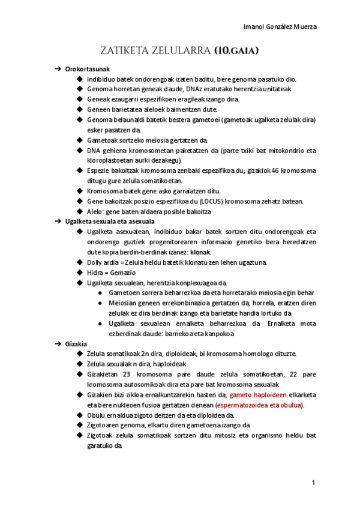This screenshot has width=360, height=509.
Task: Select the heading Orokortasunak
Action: (x=88, y=69)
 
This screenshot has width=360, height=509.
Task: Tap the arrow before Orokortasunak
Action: (x=58, y=69)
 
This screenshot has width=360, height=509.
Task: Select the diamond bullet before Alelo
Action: (x=80, y=211)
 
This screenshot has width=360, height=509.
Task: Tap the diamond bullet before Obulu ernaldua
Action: (x=80, y=415)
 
